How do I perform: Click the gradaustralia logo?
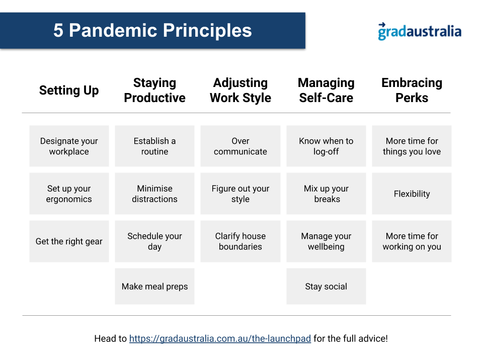click(x=420, y=31)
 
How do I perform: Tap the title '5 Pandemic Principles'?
click(x=152, y=30)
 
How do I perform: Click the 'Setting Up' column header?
click(x=69, y=90)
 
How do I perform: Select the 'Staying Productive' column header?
click(x=154, y=90)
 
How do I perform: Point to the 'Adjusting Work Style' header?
click(x=240, y=90)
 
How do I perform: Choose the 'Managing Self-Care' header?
click(x=326, y=90)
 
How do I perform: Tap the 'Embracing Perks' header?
click(x=412, y=90)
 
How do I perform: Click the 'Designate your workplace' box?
click(x=69, y=146)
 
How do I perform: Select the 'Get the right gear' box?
click(x=69, y=241)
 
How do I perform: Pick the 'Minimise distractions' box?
click(x=154, y=194)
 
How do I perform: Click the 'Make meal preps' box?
click(x=154, y=286)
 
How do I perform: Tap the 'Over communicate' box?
click(x=240, y=146)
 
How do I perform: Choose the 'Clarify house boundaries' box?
click(x=240, y=241)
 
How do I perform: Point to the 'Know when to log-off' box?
click(x=326, y=146)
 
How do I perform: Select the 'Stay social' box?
click(x=326, y=286)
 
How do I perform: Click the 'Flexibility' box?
click(x=412, y=194)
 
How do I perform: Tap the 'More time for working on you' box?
click(x=412, y=241)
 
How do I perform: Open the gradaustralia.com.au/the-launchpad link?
click(x=220, y=338)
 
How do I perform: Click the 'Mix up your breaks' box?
click(x=326, y=194)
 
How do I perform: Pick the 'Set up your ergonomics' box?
click(x=69, y=194)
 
